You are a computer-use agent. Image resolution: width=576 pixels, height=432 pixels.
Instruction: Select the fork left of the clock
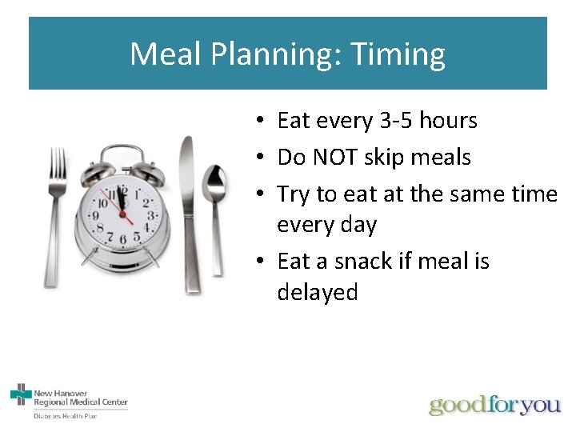click(x=57, y=216)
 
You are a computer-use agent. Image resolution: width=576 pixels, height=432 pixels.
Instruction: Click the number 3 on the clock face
click(x=150, y=214)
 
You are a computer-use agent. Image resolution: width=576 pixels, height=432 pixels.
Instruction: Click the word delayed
click(x=317, y=292)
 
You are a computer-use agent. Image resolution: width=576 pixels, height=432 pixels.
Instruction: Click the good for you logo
click(x=494, y=405)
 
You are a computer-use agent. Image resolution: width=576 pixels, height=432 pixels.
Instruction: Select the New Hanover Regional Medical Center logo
click(x=69, y=397)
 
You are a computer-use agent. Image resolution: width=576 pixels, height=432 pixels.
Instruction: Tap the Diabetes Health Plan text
click(x=65, y=416)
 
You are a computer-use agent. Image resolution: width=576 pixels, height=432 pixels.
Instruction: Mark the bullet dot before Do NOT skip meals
click(x=262, y=158)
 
